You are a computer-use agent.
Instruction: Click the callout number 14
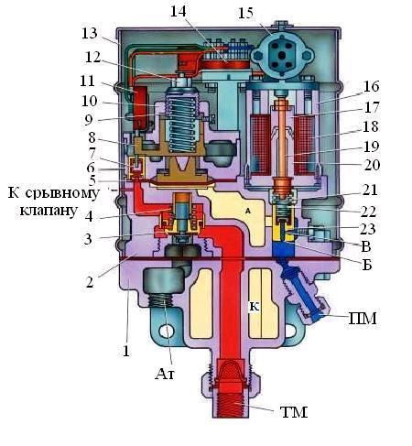179,11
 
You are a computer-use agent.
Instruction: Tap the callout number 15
245,13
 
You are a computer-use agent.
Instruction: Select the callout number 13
90,33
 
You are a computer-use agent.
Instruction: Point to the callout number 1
126,351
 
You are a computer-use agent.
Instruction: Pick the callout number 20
372,165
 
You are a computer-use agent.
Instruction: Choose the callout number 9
89,120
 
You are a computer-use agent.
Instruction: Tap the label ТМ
294,412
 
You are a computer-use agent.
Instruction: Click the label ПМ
363,319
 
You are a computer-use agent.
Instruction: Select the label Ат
165,374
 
